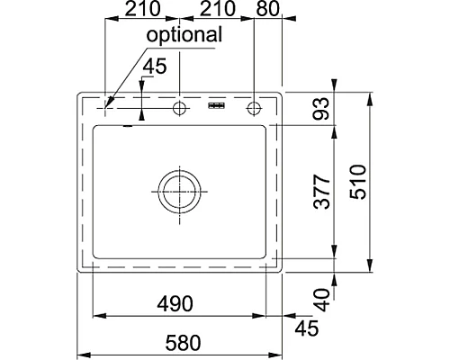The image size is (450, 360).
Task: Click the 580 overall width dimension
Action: click(x=182, y=343)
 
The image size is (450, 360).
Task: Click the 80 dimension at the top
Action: click(x=267, y=11)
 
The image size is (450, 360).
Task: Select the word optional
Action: click(x=184, y=35)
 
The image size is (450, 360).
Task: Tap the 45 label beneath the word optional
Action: click(x=156, y=67)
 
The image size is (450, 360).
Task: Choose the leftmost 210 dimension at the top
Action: click(x=141, y=11)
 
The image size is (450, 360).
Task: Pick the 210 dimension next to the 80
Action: click(x=216, y=11)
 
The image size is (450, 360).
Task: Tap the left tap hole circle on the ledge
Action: click(x=179, y=108)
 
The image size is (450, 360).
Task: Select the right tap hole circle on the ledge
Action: click(x=253, y=108)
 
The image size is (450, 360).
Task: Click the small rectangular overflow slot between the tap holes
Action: click(x=216, y=107)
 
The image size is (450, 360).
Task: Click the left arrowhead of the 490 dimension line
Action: click(x=98, y=315)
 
